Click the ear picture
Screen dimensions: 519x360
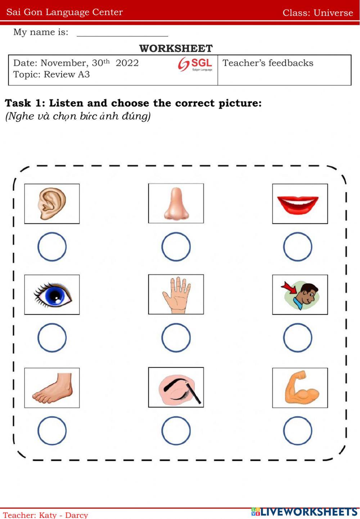click(52, 204)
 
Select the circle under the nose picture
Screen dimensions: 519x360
click(176, 247)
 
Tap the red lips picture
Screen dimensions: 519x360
click(300, 204)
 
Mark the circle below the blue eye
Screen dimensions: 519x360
click(52, 338)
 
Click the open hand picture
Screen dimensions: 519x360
click(176, 294)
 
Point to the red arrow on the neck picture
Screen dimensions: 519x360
click(288, 287)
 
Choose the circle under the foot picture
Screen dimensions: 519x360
click(52, 431)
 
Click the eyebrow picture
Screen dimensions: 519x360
click(176, 387)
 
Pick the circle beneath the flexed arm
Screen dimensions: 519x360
click(297, 431)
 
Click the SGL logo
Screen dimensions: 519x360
click(195, 64)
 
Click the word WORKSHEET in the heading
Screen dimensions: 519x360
click(176, 48)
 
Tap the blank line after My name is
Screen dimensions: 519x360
click(122, 33)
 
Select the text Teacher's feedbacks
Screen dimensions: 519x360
click(268, 63)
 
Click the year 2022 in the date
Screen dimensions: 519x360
click(127, 63)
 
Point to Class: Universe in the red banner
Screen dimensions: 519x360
click(318, 13)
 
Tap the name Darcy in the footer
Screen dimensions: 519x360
click(77, 515)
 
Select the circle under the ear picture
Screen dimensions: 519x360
click(52, 247)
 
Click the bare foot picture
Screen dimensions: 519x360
click(52, 388)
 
